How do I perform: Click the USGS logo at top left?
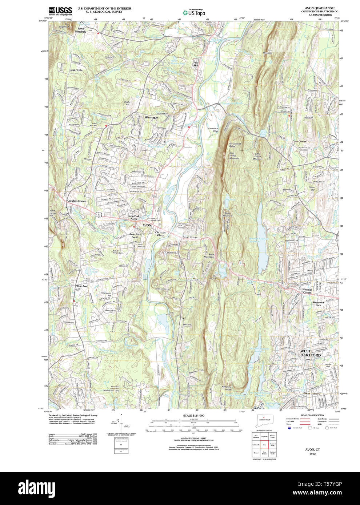click(60, 11)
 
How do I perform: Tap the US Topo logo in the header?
click(194, 13)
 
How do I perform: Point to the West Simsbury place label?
click(81, 30)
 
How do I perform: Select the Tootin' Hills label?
click(76, 70)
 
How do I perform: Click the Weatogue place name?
click(151, 118)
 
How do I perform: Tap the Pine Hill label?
click(196, 64)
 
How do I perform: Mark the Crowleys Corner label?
click(76, 201)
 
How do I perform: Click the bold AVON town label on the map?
click(147, 226)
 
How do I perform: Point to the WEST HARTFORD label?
click(311, 353)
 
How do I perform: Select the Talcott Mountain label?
click(228, 214)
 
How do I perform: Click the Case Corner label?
click(299, 141)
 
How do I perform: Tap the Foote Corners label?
click(311, 393)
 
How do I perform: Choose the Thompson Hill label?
click(106, 294)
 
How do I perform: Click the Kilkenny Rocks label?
click(227, 388)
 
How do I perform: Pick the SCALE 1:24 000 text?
click(194, 416)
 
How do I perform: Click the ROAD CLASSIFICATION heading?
click(312, 415)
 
